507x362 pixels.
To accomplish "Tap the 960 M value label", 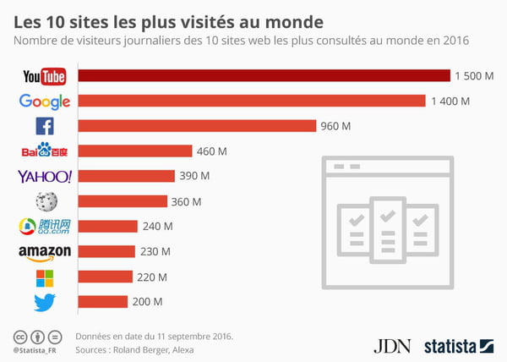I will (x=334, y=127).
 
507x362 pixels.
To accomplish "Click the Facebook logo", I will (x=44, y=127).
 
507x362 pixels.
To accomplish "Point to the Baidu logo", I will (x=45, y=151).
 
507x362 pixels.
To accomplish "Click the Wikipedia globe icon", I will (x=45, y=201).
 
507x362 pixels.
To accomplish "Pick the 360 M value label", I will (x=186, y=201).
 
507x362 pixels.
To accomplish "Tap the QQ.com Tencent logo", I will (x=45, y=227).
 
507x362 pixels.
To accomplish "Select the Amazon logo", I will (x=45, y=252).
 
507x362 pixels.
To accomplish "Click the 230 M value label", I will (x=154, y=251).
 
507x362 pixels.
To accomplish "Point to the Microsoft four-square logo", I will (x=45, y=277).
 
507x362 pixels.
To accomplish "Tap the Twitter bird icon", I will (x=45, y=302).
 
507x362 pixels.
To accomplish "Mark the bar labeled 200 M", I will (x=102, y=302).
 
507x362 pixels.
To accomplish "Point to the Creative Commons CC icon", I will (x=19, y=336).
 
